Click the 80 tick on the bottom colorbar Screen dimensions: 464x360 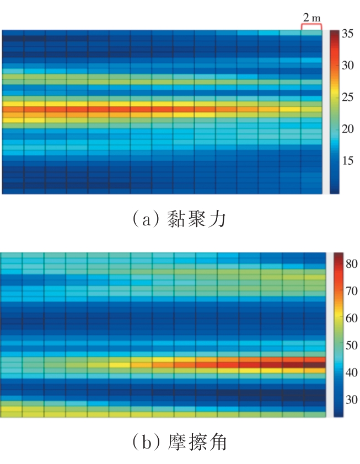[351, 264]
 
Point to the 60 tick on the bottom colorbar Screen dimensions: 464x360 [351, 318]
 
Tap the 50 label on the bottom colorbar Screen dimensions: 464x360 [351, 346]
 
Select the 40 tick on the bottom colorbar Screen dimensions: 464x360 [351, 373]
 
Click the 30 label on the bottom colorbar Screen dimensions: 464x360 [351, 400]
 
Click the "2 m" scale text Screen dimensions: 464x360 [311, 18]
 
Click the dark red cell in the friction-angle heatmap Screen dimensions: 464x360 [315, 364]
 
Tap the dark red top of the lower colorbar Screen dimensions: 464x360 [338, 255]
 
